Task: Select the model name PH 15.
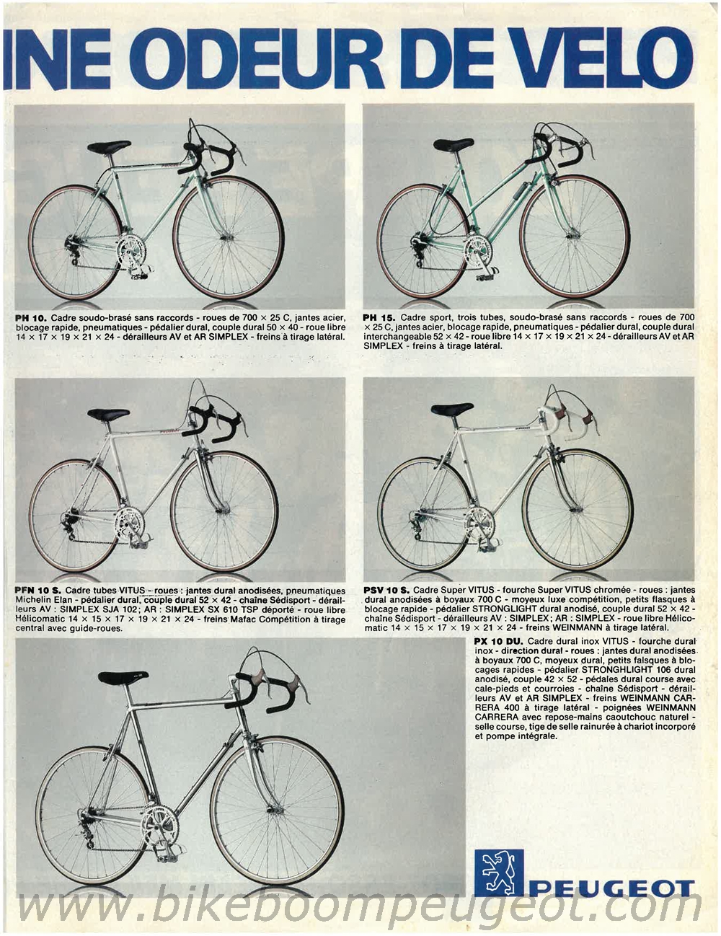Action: (x=380, y=317)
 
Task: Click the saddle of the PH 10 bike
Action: (x=108, y=148)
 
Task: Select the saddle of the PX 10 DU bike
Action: (x=123, y=678)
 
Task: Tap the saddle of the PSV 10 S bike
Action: (x=452, y=410)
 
